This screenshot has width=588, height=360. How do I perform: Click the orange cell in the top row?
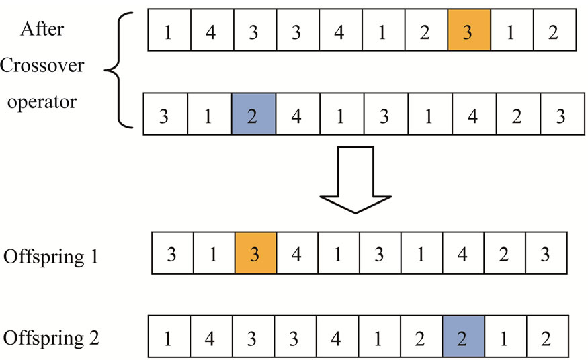coord(469,30)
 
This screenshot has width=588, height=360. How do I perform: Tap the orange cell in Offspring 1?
coord(256,253)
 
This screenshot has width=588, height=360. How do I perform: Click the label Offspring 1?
coord(51,257)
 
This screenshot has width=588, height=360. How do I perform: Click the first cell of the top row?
coord(168,30)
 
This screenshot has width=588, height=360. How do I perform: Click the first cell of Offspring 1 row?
coord(173,253)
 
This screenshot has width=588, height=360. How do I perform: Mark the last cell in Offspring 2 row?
coord(548,335)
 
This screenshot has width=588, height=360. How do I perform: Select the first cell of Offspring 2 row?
coord(168,335)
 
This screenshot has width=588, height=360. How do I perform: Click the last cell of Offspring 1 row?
coord(546,253)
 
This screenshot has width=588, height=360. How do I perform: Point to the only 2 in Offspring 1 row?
coord(505,253)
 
